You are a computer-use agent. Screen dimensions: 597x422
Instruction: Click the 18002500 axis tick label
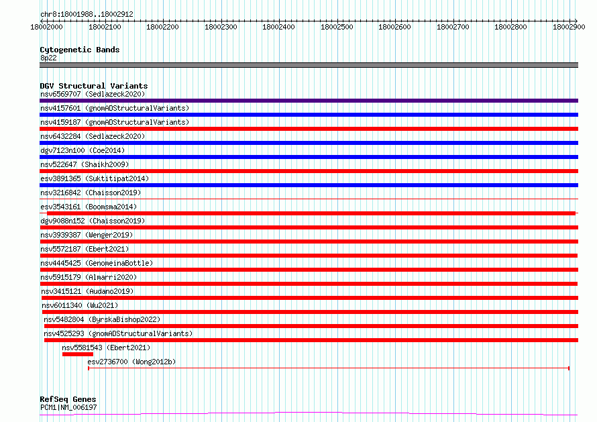click(337, 27)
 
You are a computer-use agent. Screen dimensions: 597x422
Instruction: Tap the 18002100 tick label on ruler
click(105, 27)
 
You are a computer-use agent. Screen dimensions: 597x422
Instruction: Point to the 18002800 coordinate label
click(510, 27)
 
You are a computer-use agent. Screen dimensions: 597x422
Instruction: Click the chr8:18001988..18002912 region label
click(87, 14)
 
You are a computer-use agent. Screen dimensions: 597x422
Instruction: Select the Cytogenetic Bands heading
click(80, 50)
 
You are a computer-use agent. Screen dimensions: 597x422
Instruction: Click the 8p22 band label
click(48, 58)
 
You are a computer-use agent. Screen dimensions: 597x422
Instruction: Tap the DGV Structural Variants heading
click(94, 86)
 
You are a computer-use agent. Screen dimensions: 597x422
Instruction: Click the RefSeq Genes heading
click(68, 399)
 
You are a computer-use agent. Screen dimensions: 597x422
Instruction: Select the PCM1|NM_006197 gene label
click(68, 407)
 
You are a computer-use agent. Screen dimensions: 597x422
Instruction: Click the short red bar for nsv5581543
click(78, 354)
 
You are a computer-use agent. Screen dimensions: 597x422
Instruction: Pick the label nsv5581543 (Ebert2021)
click(106, 348)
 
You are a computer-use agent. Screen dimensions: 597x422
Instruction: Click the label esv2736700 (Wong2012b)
click(131, 362)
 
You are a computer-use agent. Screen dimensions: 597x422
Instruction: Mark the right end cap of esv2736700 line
click(569, 368)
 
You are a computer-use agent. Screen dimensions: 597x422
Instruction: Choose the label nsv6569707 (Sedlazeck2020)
click(93, 94)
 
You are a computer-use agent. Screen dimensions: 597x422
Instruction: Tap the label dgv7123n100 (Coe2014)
click(83, 150)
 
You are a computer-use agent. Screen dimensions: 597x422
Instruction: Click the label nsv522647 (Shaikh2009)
click(85, 164)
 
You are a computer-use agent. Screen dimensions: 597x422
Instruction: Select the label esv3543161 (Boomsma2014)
click(89, 207)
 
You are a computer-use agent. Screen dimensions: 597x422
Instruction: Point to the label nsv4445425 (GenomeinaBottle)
click(97, 263)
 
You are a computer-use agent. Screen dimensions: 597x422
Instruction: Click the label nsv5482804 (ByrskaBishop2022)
click(102, 319)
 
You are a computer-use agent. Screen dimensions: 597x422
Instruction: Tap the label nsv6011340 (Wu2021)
click(80, 305)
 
